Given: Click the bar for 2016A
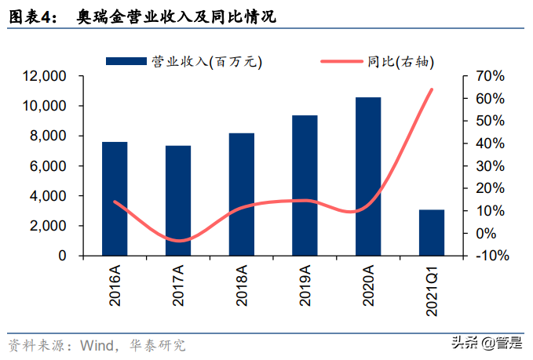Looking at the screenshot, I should tap(115, 198).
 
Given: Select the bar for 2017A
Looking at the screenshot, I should tap(178, 201).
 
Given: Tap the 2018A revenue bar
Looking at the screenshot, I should tap(241, 195).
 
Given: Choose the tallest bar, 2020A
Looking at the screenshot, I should tap(368, 176).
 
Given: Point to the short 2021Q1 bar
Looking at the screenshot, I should tap(432, 232).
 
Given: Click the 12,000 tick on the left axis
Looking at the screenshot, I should tap(45, 76).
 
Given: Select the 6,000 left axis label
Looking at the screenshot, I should tap(48, 166).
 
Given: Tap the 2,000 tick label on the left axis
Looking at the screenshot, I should tap(48, 226).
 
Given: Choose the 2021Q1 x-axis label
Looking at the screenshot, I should tap(433, 290).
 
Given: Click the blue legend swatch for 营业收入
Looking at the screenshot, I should tap(126, 61).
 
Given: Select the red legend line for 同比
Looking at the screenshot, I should tap(342, 61).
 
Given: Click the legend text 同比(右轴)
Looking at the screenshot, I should tap(401, 61).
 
